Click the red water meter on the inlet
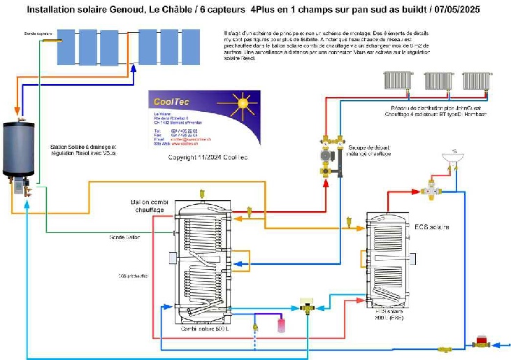(x=482, y=343)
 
